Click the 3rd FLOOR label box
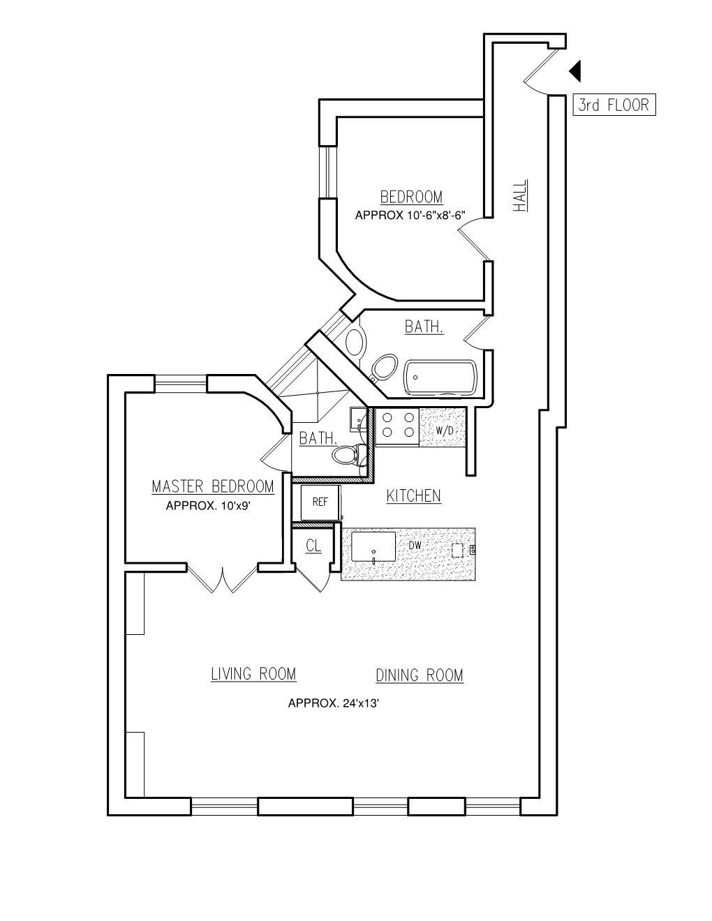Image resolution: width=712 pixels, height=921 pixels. [x=614, y=105]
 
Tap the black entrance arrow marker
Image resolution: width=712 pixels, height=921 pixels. [x=575, y=71]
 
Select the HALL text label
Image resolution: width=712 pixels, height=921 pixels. [x=521, y=196]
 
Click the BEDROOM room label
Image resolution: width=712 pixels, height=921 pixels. [x=411, y=197]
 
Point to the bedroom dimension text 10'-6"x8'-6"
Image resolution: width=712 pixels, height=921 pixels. [x=410, y=216]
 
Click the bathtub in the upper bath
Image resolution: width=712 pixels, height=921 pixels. [x=440, y=377]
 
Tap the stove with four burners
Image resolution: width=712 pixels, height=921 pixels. [x=397, y=425]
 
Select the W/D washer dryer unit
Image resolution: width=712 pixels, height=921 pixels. [x=445, y=430]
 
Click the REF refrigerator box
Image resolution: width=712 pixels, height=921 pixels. [x=320, y=502]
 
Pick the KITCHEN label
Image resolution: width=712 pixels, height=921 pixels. [x=413, y=495]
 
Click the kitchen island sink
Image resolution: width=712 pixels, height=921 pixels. [x=373, y=546]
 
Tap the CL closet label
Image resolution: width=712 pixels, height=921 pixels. [x=313, y=546]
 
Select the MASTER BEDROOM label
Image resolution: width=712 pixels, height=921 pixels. [x=213, y=486]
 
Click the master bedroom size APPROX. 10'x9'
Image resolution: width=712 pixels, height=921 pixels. [x=208, y=506]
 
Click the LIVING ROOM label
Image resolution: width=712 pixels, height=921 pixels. [x=253, y=674]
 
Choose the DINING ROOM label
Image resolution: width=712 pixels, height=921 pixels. [x=420, y=675]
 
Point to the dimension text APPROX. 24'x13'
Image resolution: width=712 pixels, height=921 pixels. [x=334, y=703]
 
